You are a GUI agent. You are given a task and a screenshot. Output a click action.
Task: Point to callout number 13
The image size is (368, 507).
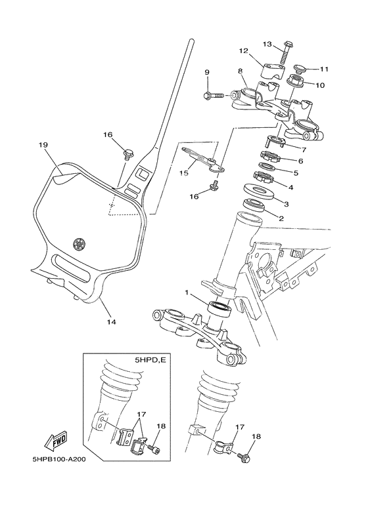pyautogui.click(x=267, y=45)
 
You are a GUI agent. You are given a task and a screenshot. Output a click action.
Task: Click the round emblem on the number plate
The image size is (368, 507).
pyautogui.click(x=81, y=243)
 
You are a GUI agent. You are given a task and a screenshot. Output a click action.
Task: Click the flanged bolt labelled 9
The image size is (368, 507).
pyautogui.click(x=213, y=96)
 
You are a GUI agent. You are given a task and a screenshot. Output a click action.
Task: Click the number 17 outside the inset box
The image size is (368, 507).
pyautogui.click(x=239, y=426)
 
